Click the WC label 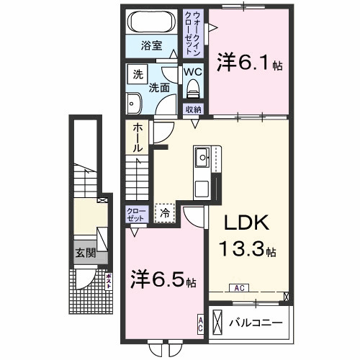point(191,73)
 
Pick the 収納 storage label point(192,109)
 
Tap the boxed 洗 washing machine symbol point(137,73)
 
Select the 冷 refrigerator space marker point(165,212)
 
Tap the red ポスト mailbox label point(109,280)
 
